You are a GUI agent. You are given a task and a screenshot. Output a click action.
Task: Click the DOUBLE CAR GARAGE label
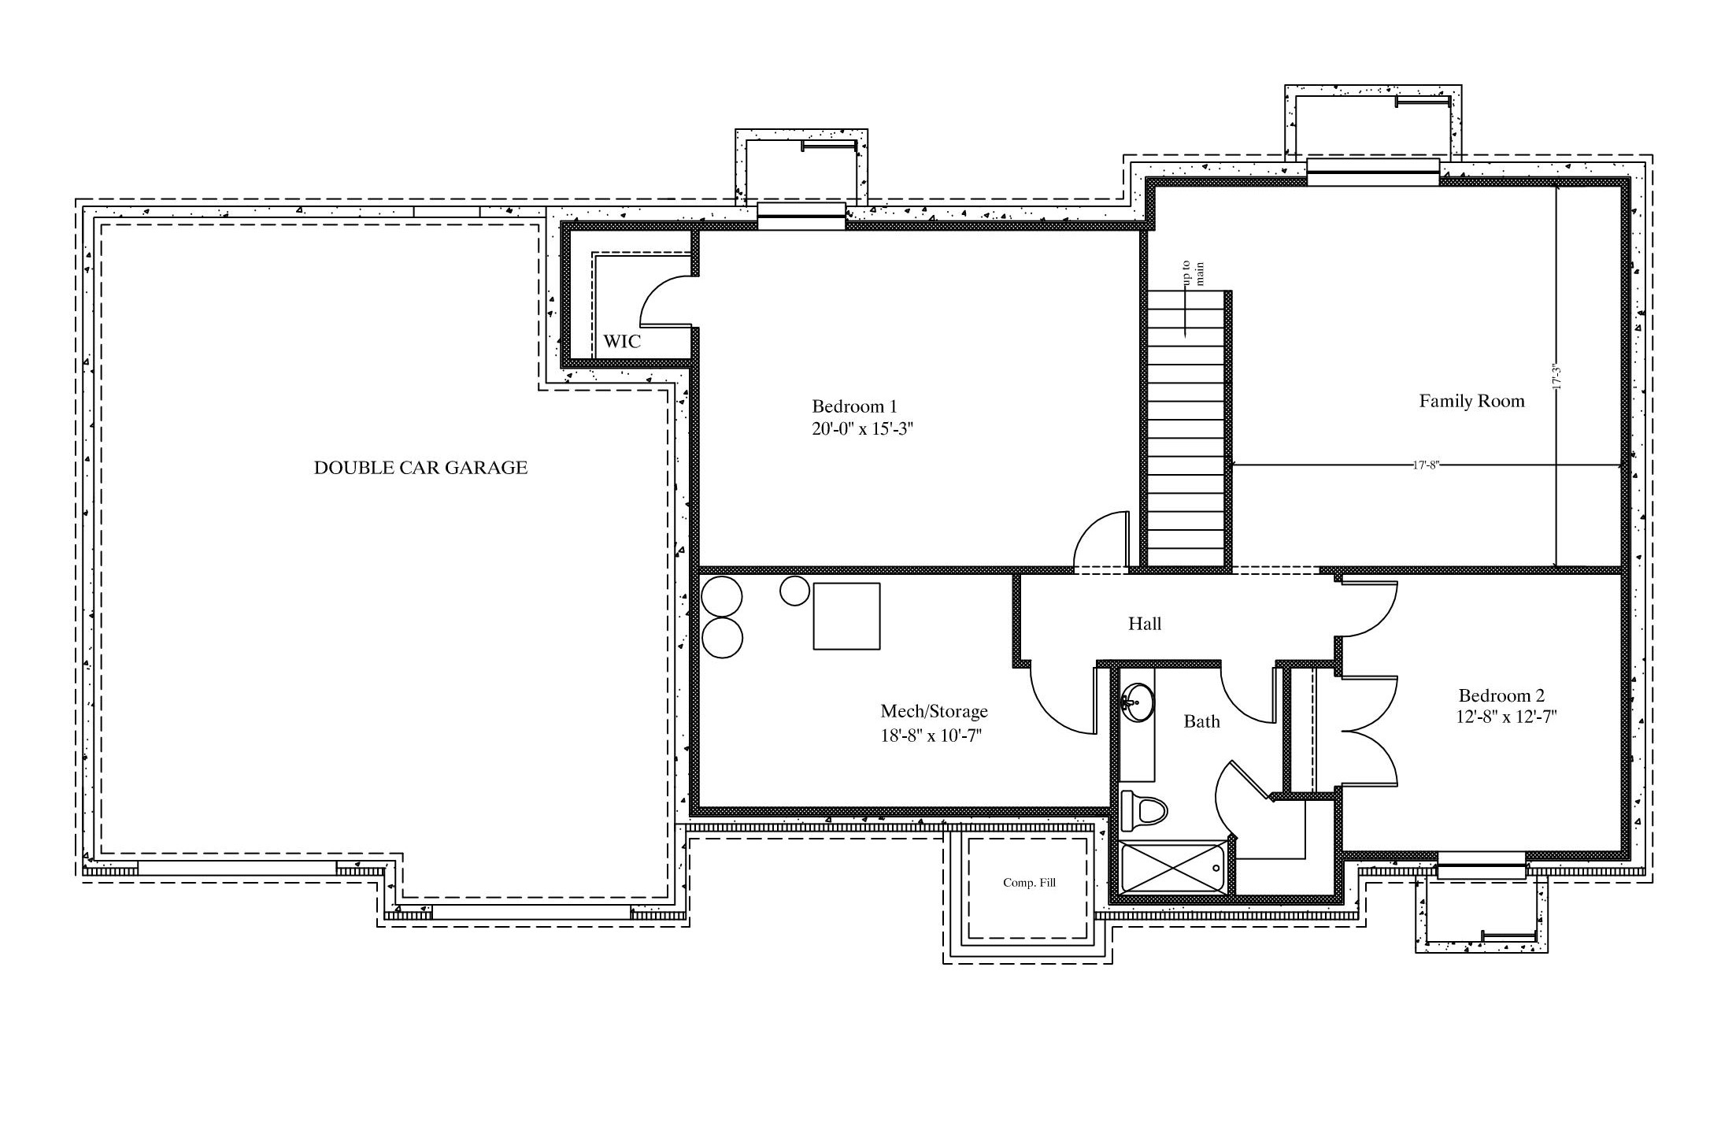pos(420,468)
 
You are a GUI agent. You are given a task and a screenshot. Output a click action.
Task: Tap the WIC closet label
pos(622,342)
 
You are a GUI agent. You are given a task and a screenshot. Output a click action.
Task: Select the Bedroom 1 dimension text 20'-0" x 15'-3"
pos(862,430)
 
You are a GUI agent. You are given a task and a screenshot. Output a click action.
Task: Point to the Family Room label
pos(1471,401)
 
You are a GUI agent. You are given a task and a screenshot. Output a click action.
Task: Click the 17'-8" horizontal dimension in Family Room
pos(1426,465)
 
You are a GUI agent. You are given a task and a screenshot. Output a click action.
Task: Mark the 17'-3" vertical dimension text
pos(1556,376)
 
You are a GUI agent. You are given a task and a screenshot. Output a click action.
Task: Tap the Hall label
pos(1145,624)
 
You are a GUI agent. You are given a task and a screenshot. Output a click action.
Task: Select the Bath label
pos(1201,721)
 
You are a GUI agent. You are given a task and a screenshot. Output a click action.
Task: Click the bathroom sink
pos(1137,702)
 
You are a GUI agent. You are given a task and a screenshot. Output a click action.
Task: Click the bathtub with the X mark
pos(1173,869)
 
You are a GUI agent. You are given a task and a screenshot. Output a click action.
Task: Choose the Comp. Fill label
pos(1029,883)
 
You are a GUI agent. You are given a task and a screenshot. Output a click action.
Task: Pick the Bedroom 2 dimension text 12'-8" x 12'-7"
pos(1507,717)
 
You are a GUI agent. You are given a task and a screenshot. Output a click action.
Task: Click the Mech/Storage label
pos(934,711)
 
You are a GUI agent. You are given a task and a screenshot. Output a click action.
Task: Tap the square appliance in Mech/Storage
pos(846,616)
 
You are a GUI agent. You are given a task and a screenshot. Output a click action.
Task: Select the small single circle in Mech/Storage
pos(794,591)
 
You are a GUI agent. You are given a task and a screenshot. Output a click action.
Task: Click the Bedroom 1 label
pos(854,406)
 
